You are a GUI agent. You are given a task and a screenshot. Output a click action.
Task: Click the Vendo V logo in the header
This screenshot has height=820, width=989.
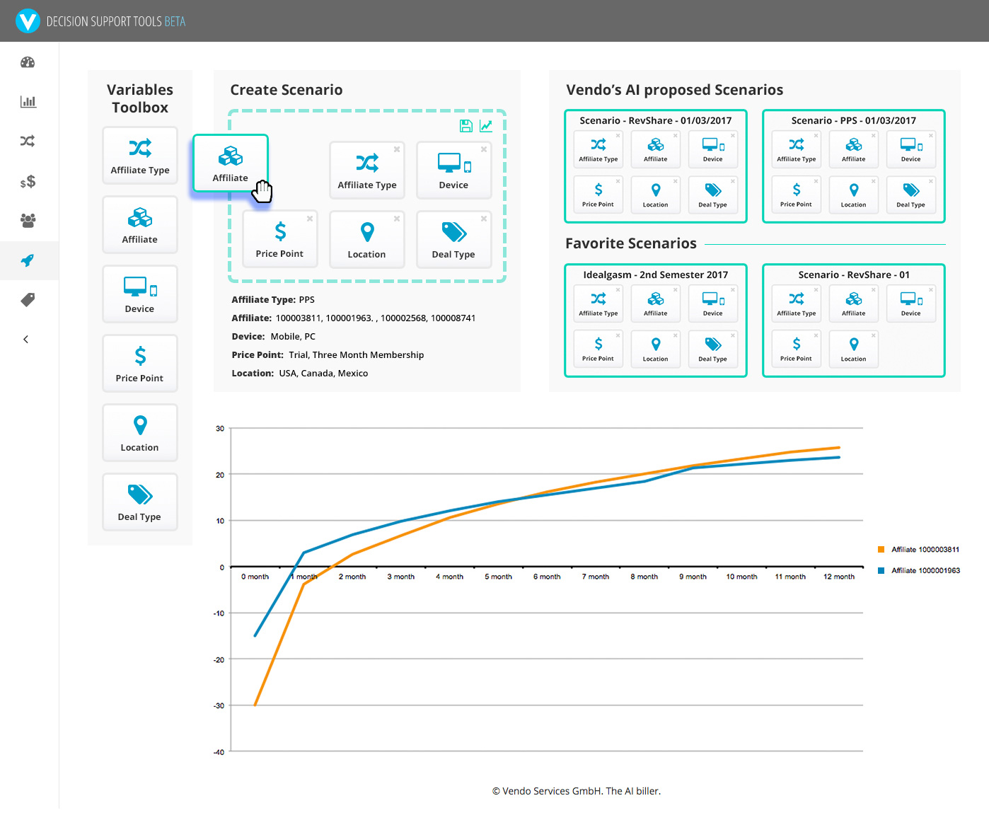point(28,21)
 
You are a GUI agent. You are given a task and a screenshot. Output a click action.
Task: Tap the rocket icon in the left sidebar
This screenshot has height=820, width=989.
point(28,260)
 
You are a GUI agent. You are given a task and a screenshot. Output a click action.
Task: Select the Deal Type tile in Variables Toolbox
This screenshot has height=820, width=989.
point(140,502)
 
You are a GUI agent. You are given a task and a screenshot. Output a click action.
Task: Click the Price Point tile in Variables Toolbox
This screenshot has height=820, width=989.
point(140,364)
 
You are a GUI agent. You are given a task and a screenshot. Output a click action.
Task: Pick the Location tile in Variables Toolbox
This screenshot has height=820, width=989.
point(140,433)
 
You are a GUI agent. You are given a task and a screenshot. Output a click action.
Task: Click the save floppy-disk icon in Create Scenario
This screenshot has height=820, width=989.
point(466,125)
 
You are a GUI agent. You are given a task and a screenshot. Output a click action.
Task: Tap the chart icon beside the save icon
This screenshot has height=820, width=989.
point(486,125)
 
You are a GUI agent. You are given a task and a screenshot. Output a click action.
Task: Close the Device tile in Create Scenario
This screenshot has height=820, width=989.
point(484,149)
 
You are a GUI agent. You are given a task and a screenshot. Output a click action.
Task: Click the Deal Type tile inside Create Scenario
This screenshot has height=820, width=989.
point(453,240)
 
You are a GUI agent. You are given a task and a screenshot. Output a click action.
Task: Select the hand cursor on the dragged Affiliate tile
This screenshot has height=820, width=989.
point(262,191)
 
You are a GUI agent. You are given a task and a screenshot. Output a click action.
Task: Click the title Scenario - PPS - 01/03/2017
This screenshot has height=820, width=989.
point(854,120)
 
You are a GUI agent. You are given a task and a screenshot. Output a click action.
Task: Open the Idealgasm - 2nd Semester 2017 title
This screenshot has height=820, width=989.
point(656,275)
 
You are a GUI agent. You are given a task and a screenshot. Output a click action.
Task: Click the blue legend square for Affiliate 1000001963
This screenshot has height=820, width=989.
point(881,570)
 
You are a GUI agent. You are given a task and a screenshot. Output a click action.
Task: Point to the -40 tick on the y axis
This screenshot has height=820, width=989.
point(219,752)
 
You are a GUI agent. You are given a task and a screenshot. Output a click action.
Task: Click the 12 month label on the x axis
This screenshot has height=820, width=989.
point(839,577)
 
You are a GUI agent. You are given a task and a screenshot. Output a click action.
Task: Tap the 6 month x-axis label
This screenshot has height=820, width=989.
point(547,577)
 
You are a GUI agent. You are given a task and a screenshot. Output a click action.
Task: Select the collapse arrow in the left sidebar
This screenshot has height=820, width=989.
point(26,339)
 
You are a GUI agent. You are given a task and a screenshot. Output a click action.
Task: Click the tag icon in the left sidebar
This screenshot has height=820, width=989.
point(28,300)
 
